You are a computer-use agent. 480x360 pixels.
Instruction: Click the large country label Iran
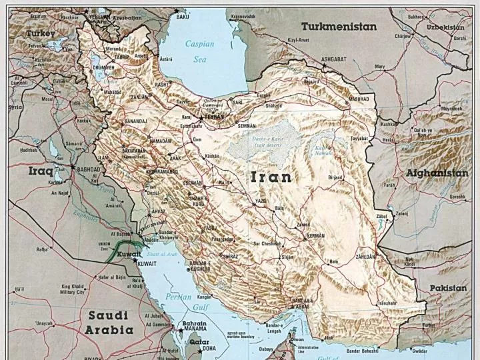coord(271,177)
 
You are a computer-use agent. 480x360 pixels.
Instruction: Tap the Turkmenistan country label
coord(339,27)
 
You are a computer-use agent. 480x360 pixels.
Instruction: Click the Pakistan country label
coord(447,288)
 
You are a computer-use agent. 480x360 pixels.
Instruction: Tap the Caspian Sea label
coord(199,51)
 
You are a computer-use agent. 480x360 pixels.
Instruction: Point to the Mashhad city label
coord(358,98)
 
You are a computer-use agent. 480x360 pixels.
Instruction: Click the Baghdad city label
coord(88,169)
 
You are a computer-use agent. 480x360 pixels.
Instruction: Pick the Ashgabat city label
coord(334,59)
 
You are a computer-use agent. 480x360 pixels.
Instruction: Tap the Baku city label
coord(183,17)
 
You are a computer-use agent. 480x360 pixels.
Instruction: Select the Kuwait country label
coord(129,255)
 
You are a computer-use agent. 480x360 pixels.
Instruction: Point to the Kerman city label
coord(315,236)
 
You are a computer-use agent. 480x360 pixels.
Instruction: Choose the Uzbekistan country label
coord(445,27)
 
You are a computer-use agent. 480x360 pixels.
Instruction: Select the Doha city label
coord(209,347)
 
